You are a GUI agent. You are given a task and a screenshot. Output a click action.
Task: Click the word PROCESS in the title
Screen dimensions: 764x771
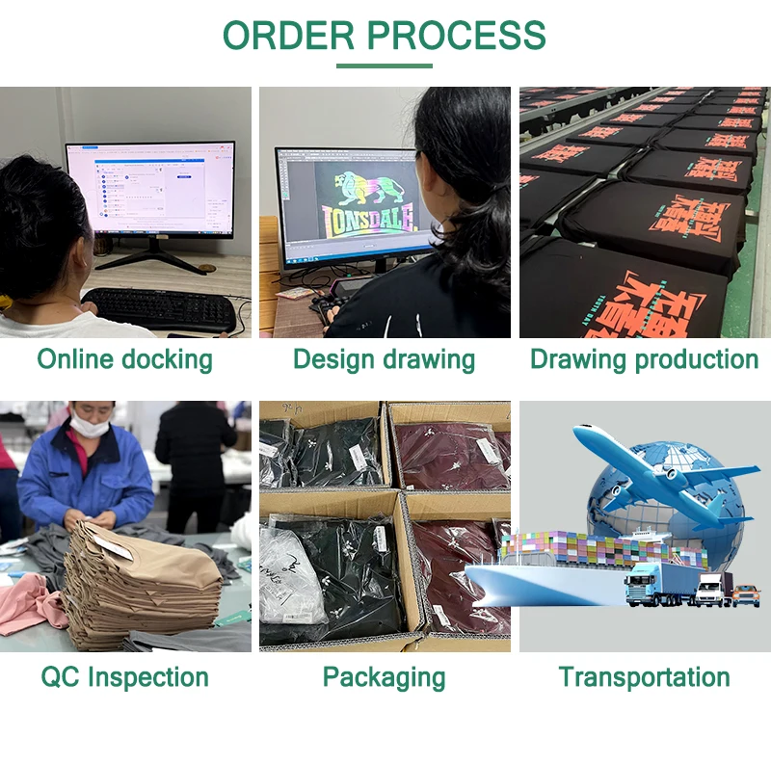457,35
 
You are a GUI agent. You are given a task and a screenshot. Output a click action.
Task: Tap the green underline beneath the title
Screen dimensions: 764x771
385,66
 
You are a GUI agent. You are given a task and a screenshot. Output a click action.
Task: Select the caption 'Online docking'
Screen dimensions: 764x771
124,360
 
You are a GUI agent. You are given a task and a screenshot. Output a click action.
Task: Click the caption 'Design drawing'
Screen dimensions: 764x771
384,360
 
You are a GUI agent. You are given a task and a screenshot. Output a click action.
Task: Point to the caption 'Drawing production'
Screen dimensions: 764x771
644,360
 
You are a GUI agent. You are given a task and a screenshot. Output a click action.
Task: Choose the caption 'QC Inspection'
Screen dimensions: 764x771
124,677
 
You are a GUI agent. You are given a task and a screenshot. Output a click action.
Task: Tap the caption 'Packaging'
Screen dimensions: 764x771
384,677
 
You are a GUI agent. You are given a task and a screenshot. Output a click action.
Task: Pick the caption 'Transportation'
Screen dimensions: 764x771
644,677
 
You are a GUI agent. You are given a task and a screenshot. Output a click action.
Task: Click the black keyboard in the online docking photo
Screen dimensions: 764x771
160,309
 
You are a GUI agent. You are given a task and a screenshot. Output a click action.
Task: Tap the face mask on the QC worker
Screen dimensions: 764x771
88,425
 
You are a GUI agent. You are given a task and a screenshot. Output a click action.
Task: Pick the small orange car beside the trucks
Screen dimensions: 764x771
745,594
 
